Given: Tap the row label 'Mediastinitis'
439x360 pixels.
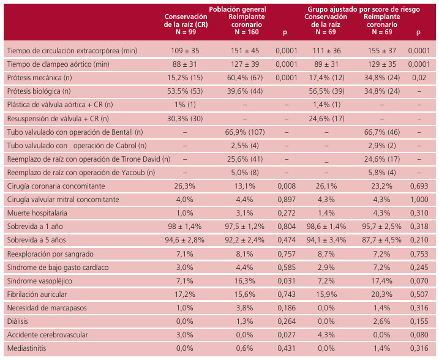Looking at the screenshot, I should click(27, 348).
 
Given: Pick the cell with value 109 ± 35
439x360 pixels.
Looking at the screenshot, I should click(186, 50).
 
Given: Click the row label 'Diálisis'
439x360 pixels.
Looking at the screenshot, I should click(18, 321).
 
